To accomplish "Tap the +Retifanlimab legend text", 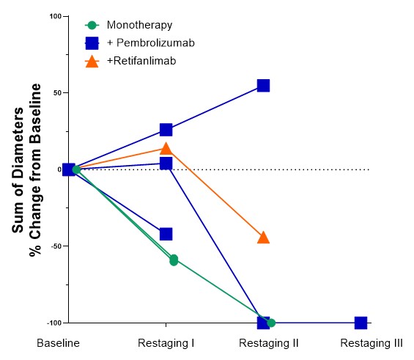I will point(145,61).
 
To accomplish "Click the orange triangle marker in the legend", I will point(92,61).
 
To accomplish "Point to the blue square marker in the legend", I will point(92,43).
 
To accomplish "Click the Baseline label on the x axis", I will point(59,342).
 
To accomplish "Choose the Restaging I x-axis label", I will point(166,342).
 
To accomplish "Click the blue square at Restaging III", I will point(361,323).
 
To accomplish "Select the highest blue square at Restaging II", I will point(263,86).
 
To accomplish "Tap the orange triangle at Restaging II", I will point(263,237).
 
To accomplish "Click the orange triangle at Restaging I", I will point(166,148).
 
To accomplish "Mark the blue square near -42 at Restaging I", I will point(166,234).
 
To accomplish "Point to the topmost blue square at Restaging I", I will point(166,130).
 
